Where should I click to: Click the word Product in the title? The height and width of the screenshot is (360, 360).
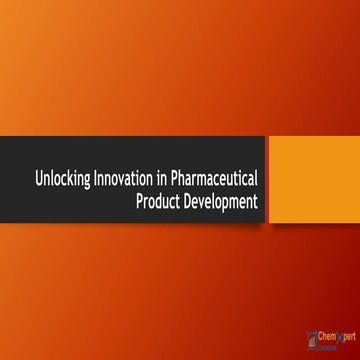159,201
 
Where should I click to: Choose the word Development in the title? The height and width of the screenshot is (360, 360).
223,201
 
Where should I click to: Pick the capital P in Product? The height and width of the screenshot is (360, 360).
138,201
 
